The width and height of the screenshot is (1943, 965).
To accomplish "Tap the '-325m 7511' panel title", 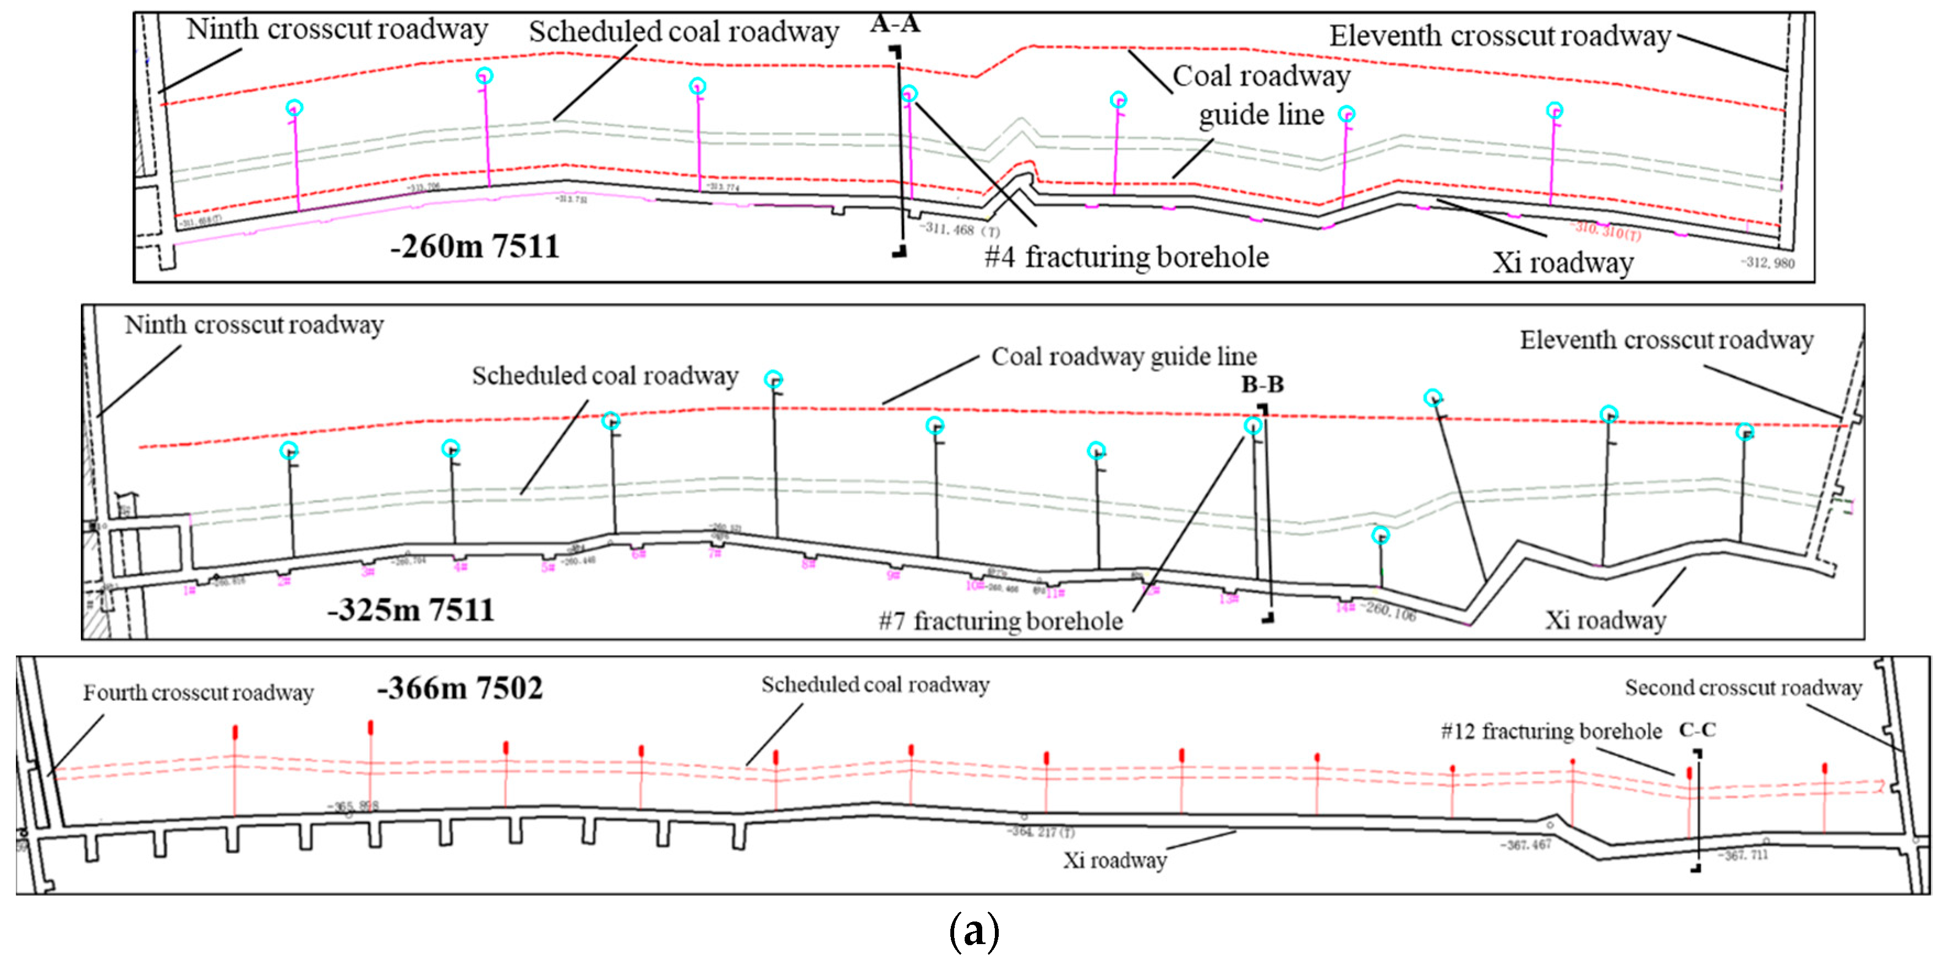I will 411,609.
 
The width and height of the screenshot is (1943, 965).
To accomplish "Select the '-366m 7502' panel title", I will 459,688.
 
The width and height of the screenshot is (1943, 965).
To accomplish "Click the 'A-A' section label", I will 895,24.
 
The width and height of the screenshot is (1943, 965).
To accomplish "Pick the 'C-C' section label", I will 1697,729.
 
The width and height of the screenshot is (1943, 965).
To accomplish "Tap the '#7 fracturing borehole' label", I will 1001,621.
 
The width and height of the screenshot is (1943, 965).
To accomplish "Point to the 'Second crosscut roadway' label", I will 1743,688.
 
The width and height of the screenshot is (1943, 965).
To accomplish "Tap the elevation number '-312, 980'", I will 1767,263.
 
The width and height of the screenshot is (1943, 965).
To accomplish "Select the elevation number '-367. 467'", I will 1525,844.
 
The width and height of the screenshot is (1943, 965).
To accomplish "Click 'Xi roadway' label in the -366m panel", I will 1115,860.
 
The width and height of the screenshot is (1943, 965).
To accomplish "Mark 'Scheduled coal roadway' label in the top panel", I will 683,32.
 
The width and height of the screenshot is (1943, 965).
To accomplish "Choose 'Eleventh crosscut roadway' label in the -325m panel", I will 1666,340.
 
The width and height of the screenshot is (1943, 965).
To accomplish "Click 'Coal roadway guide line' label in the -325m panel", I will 1123,356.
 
